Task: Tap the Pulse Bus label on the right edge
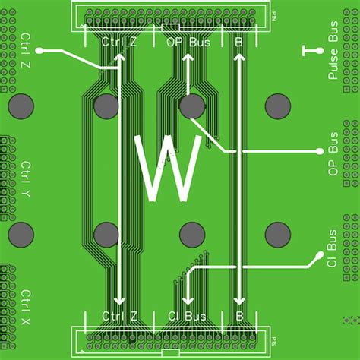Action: point(333,58)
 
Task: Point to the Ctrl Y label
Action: point(27,179)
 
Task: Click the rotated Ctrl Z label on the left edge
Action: point(27,52)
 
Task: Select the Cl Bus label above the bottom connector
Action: point(186,316)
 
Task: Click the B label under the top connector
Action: point(238,43)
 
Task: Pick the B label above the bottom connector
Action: point(238,316)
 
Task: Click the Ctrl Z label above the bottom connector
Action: point(119,316)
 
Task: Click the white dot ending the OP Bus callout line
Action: point(313,151)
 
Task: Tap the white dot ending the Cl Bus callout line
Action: point(317,256)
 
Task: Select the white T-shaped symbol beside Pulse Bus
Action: point(309,52)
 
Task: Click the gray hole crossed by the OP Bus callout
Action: point(192,106)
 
